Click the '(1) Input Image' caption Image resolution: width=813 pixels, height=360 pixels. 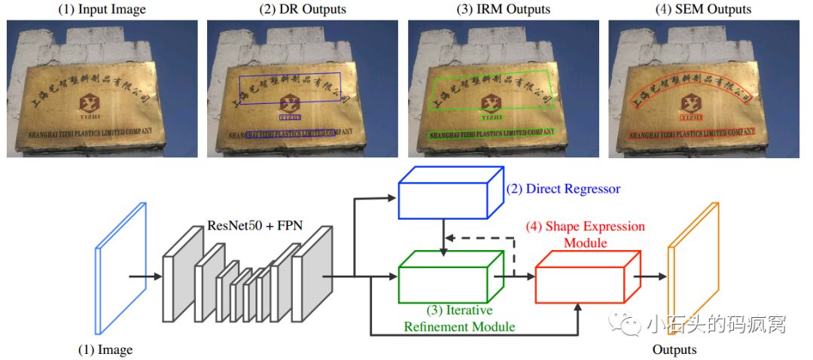[x=102, y=10]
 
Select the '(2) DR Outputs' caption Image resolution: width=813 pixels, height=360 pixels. [x=303, y=10]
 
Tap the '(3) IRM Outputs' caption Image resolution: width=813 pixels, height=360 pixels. [x=504, y=10]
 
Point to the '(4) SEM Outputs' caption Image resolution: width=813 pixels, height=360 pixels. [x=704, y=10]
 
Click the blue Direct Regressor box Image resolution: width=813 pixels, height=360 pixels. [x=444, y=197]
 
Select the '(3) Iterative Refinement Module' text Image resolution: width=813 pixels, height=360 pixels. [x=459, y=319]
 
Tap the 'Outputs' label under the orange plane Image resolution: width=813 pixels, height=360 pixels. [x=674, y=349]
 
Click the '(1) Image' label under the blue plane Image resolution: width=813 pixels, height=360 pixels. [x=105, y=349]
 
